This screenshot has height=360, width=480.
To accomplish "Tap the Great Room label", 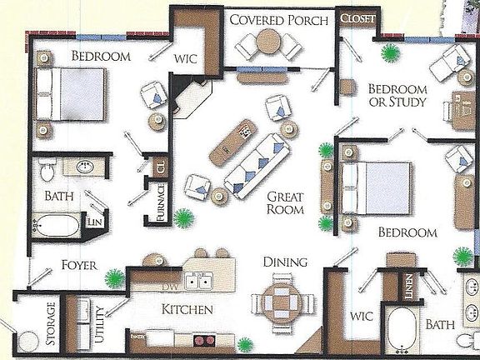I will [284, 203].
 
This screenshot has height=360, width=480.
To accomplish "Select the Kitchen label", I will [187, 310].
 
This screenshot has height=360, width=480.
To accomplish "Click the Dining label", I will [285, 262].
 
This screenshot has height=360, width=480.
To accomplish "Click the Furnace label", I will [160, 202].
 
